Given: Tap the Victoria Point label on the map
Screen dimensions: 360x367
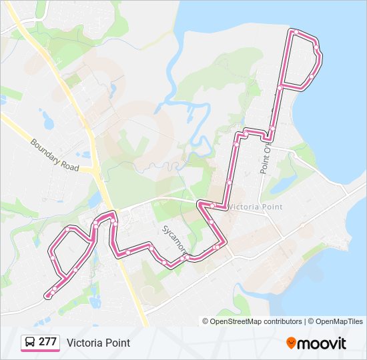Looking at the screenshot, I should point(256,207).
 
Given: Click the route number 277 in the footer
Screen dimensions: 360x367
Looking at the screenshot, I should point(47,342).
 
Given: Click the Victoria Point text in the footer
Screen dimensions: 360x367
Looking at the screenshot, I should point(98,343).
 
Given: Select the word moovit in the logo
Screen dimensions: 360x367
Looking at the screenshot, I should point(322,343).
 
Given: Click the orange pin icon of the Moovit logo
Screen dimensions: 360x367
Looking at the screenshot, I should point(291,343).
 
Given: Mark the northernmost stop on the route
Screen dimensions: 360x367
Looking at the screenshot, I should point(294,31).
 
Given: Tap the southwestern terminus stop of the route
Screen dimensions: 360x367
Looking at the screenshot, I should point(47,295).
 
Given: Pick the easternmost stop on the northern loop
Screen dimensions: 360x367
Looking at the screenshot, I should point(319,54).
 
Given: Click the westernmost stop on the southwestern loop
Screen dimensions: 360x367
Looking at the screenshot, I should point(52,257).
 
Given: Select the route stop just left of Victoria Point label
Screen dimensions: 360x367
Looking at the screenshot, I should point(212,205).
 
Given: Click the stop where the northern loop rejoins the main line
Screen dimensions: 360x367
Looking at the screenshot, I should point(280,86).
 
